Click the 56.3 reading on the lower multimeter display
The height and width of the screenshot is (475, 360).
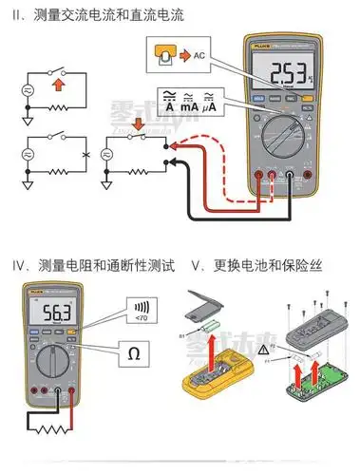(x=50, y=313)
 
